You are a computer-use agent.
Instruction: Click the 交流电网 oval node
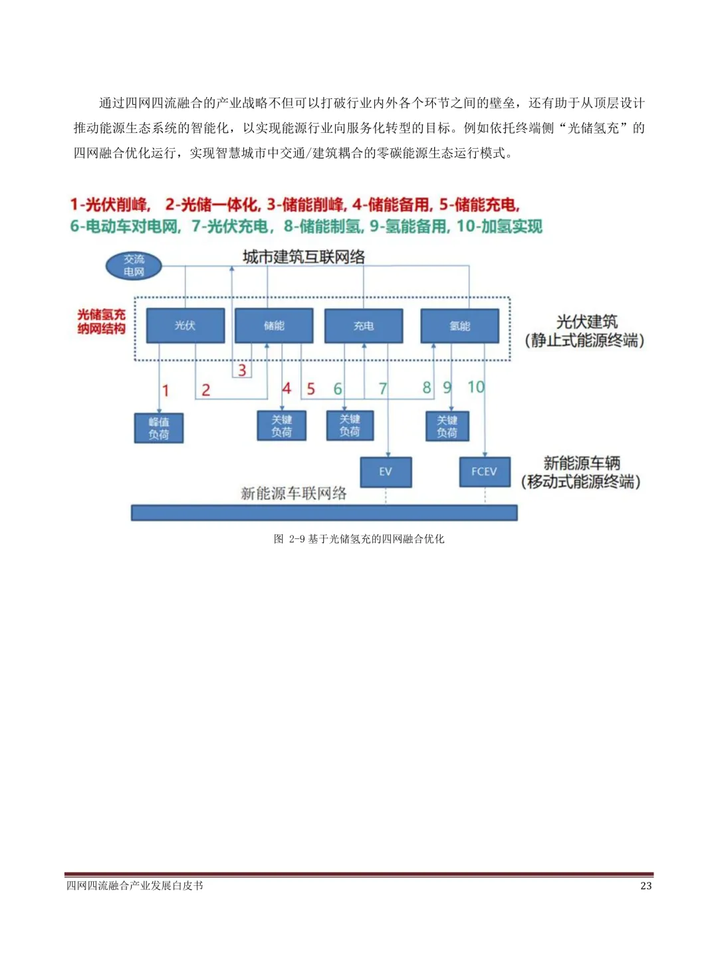click(x=134, y=266)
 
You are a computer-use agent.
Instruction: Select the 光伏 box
click(x=185, y=326)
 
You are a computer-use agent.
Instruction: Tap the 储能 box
click(x=274, y=326)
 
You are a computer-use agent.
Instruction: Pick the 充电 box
click(x=363, y=326)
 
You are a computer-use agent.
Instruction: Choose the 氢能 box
click(x=459, y=326)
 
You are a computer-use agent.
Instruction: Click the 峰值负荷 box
click(x=158, y=428)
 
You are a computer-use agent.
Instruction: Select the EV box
click(x=386, y=472)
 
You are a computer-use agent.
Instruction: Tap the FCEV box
click(x=484, y=472)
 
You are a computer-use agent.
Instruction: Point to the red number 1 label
click(x=166, y=391)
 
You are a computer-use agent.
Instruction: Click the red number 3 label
click(x=242, y=370)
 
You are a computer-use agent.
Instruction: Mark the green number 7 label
click(x=383, y=388)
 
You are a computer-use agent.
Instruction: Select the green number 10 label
click(x=475, y=387)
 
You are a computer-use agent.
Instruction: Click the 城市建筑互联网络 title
click(x=304, y=257)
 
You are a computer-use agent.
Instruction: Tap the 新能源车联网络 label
click(x=293, y=493)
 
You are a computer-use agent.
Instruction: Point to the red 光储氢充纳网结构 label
click(x=101, y=322)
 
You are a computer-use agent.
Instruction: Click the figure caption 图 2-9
click(x=359, y=539)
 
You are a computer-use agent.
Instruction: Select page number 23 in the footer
click(x=646, y=886)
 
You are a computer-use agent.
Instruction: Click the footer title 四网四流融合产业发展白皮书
click(x=134, y=886)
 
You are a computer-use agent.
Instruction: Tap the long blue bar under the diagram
click(x=324, y=512)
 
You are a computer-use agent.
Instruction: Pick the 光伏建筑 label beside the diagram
click(x=586, y=322)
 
